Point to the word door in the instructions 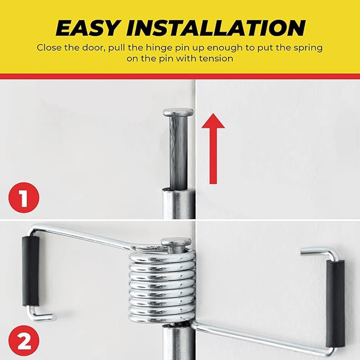[93, 48]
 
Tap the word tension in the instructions [215, 58]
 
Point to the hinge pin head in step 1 [178, 112]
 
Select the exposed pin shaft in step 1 [178, 151]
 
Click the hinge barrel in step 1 [178, 203]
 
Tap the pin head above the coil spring [176, 242]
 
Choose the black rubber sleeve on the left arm [31, 271]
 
